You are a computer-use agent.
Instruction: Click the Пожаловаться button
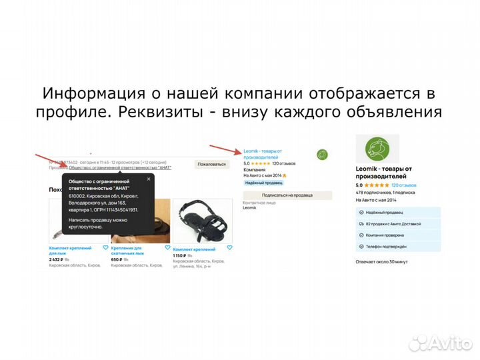point(212,163)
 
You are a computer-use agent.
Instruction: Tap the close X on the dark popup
point(149,179)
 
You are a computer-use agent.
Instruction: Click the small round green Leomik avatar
point(323,155)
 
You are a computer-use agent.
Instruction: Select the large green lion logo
point(377,149)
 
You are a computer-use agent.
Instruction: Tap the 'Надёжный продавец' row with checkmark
point(396,211)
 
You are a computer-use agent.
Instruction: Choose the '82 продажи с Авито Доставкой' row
point(396,223)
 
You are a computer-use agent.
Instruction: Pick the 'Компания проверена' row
point(396,235)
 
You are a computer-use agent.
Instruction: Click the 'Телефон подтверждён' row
point(396,247)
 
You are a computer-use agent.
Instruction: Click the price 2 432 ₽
point(59,259)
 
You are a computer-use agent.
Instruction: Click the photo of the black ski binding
point(203,220)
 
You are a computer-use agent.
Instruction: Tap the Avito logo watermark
point(439,342)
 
